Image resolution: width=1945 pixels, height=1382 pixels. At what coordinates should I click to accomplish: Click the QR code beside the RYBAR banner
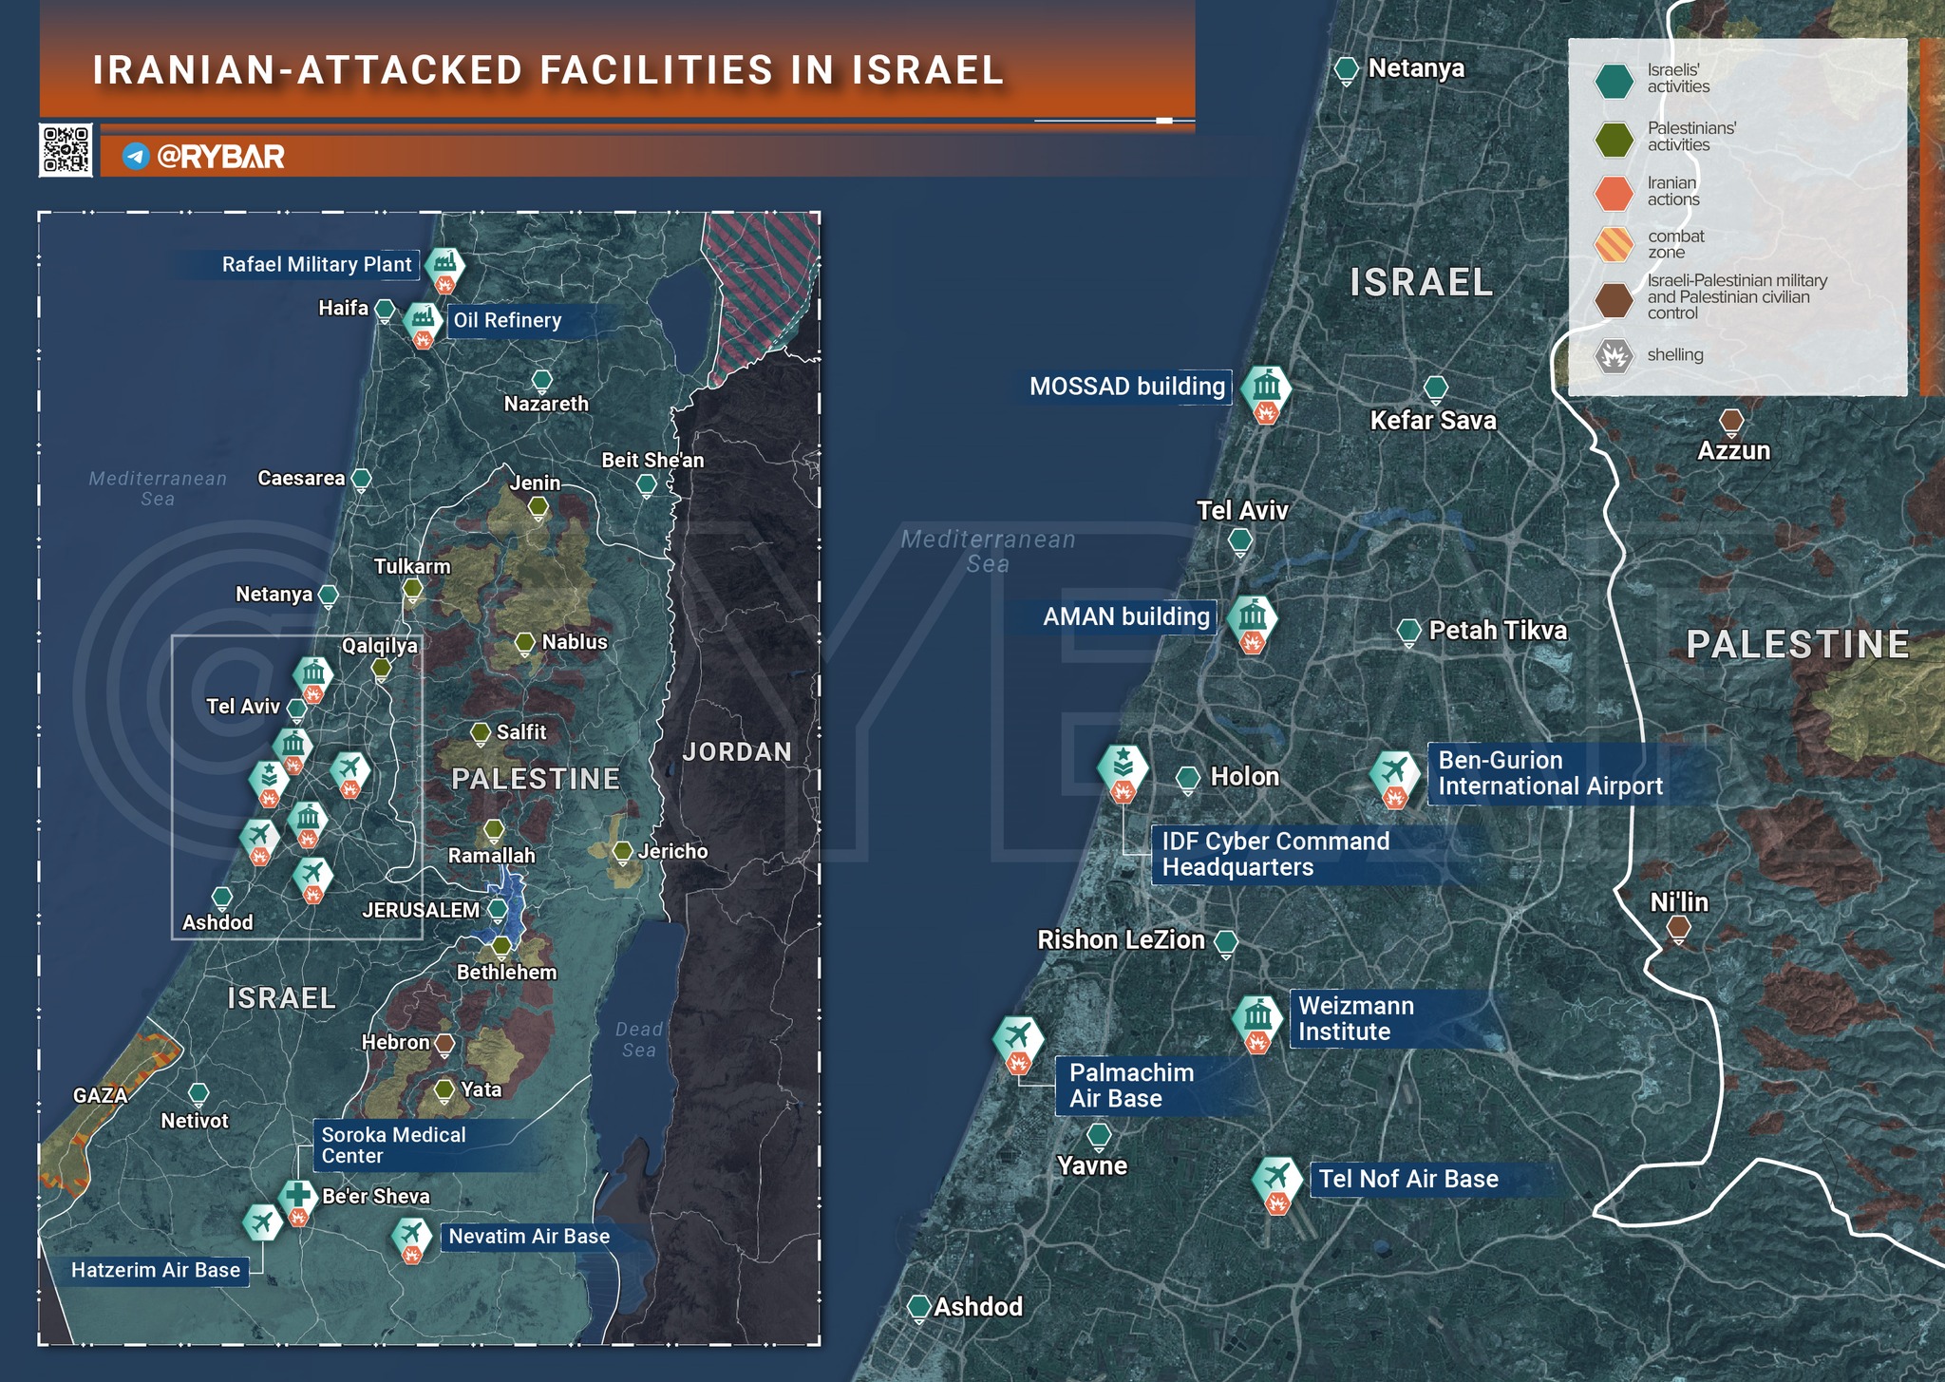[66, 150]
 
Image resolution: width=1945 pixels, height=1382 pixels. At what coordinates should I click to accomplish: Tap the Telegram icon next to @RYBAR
[136, 157]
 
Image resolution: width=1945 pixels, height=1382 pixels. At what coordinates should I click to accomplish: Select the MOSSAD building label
[1126, 387]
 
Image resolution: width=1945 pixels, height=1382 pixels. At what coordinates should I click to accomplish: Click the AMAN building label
[1125, 617]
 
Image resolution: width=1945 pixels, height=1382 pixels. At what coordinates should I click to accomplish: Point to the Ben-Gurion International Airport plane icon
[1394, 771]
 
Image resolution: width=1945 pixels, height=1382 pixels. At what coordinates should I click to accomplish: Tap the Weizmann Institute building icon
[1257, 1017]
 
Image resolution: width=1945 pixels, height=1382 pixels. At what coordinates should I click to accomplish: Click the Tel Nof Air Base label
[1407, 1180]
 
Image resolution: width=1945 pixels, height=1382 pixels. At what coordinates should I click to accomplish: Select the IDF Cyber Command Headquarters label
[1275, 854]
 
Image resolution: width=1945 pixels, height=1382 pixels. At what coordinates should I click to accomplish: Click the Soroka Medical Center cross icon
[297, 1196]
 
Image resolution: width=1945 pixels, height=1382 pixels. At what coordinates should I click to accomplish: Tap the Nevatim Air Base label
[529, 1237]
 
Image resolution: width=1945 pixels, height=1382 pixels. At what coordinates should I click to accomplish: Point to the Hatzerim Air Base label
[156, 1271]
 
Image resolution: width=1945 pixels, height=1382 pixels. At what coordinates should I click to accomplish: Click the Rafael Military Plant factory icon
[444, 264]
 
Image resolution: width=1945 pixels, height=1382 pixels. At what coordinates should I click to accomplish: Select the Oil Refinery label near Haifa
[507, 321]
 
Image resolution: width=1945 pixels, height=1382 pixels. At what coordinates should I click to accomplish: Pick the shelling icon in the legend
[1613, 356]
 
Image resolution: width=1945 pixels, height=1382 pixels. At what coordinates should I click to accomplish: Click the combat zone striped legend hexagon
[1613, 244]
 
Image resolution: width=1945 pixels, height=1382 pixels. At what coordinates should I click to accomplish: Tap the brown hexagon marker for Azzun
[1731, 421]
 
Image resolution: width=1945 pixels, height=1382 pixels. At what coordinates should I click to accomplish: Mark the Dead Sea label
[638, 1039]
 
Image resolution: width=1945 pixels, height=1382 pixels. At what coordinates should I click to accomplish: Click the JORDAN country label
[736, 752]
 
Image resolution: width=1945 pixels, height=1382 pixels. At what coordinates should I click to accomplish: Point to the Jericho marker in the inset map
[622, 850]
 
